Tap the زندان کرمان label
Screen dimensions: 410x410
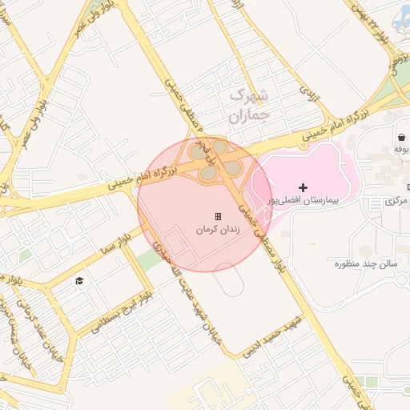point(218,229)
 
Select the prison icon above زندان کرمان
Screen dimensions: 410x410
point(218,216)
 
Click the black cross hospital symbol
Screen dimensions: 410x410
point(303,187)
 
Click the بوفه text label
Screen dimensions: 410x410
point(401,149)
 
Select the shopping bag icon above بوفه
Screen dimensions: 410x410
point(400,137)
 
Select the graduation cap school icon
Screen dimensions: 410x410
point(78,279)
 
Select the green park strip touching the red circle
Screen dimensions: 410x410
point(147,259)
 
